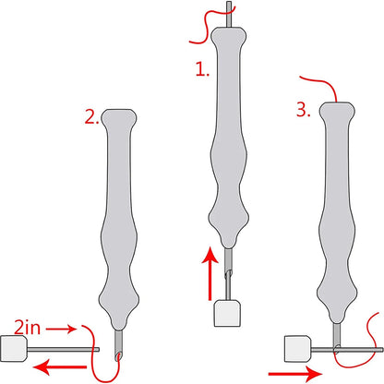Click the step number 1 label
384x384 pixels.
tap(202, 69)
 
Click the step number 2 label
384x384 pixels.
tap(91, 117)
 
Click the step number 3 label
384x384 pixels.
tap(303, 110)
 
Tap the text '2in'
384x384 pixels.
tap(28, 328)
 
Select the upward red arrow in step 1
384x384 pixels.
tap(210, 273)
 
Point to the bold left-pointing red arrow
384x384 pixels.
tap(60, 366)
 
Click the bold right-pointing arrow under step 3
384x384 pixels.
tap(295, 374)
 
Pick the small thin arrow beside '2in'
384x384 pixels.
tap(61, 330)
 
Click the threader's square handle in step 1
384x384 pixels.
tap(227, 313)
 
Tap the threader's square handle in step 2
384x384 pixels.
tap(14, 349)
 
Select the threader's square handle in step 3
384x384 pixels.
tap(297, 349)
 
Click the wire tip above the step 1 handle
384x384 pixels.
tap(229, 2)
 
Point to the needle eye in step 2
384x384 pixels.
tap(118, 357)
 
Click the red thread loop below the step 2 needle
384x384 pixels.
tap(104, 360)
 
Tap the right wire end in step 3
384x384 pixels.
tap(382, 350)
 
